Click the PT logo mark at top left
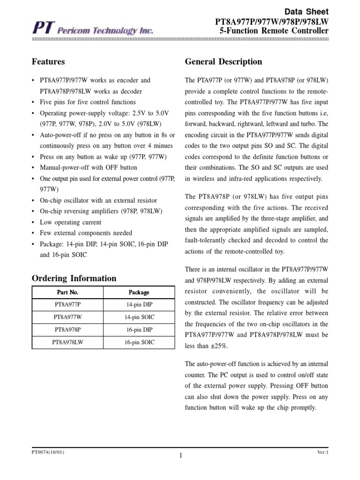point(42,30)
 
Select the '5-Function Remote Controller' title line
point(274,31)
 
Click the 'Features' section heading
point(48,62)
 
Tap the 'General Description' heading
point(224,62)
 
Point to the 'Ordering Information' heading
point(74,278)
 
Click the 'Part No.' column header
point(67,292)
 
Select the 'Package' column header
point(139,292)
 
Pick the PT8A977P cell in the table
point(67,305)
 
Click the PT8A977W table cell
point(67,317)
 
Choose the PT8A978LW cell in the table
point(67,343)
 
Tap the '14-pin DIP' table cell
point(139,305)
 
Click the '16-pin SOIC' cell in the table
point(139,343)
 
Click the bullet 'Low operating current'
point(70,222)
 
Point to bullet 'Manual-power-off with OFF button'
point(89,167)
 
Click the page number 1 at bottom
point(180,455)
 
